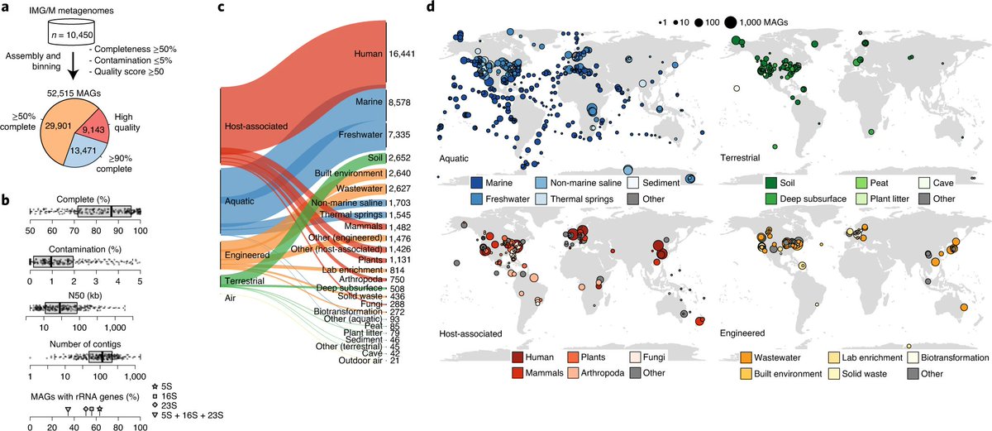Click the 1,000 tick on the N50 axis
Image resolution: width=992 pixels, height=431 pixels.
pos(113,328)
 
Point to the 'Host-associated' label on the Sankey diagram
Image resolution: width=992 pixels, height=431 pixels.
pos(255,127)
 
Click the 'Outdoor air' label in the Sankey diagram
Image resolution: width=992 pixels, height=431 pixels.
pos(358,360)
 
